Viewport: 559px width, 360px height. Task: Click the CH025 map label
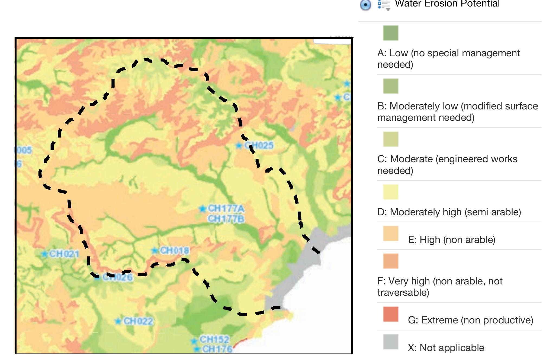[259, 145]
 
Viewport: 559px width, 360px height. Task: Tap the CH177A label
[226, 209]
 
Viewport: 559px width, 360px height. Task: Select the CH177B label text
[226, 219]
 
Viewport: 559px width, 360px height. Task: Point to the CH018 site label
[175, 250]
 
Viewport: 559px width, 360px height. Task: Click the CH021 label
[64, 254]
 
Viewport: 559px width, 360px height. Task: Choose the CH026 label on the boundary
[117, 277]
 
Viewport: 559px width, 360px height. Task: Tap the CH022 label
[138, 321]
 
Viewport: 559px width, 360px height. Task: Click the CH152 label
[214, 339]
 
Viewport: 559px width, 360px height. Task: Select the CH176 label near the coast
[217, 349]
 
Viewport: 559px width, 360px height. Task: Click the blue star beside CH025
[239, 146]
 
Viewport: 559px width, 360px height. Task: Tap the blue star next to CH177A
[202, 209]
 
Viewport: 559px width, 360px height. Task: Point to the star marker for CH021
[44, 254]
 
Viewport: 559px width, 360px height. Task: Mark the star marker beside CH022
[118, 322]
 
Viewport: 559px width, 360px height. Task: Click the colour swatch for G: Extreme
[391, 314]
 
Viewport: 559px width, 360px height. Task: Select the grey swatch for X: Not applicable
[391, 342]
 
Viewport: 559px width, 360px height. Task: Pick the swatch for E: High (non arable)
[391, 233]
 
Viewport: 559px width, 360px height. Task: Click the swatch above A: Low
[391, 33]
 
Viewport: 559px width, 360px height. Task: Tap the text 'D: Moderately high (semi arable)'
[449, 212]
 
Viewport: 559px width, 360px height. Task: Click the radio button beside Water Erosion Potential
[365, 5]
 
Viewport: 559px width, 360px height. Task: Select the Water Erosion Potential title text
[447, 4]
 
